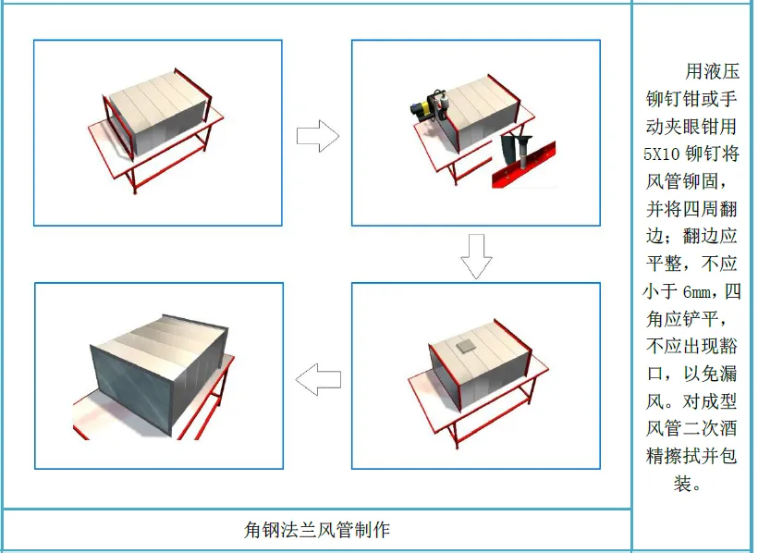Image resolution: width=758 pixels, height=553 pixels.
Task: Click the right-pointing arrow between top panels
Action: [x=316, y=136]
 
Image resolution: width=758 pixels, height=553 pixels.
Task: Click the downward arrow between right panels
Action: [x=476, y=255]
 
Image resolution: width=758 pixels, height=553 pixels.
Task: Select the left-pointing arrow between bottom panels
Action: [x=317, y=377]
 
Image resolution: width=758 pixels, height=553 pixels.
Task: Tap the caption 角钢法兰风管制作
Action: [x=317, y=530]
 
